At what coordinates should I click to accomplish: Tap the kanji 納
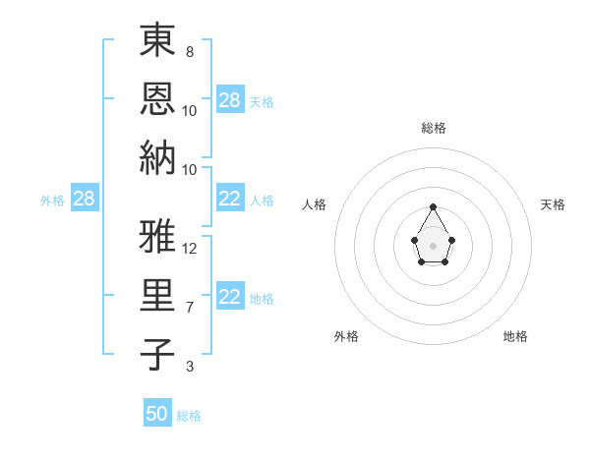[157, 156]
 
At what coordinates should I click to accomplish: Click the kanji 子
[157, 354]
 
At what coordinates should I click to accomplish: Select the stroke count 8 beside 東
[189, 51]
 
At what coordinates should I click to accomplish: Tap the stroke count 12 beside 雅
[190, 248]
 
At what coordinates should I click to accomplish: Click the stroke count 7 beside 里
[189, 308]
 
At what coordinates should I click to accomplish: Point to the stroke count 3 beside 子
[189, 367]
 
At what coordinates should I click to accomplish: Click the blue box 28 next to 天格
[230, 100]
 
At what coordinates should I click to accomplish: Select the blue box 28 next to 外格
[84, 200]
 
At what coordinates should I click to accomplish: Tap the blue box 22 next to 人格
[230, 200]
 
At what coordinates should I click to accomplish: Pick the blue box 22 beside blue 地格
[230, 298]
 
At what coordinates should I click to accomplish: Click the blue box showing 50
[157, 414]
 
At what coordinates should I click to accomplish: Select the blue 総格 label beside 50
[189, 416]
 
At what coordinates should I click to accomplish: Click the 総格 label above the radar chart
[433, 128]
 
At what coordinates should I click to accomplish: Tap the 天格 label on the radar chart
[553, 204]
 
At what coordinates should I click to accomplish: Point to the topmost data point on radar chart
[433, 206]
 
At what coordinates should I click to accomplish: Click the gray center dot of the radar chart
[433, 245]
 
